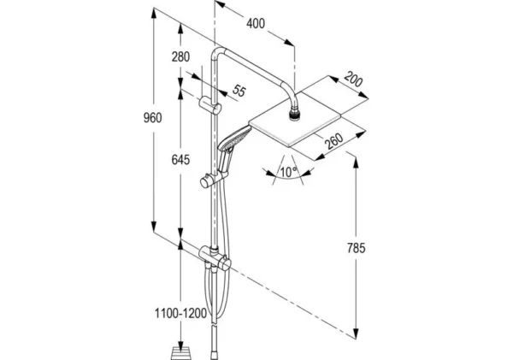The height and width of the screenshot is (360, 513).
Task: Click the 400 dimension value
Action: (x=255, y=23)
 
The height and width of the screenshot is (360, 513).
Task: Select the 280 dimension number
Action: (x=180, y=57)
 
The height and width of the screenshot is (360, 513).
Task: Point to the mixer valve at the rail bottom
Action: (x=211, y=257)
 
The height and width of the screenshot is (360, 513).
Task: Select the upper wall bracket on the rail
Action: (x=214, y=105)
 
